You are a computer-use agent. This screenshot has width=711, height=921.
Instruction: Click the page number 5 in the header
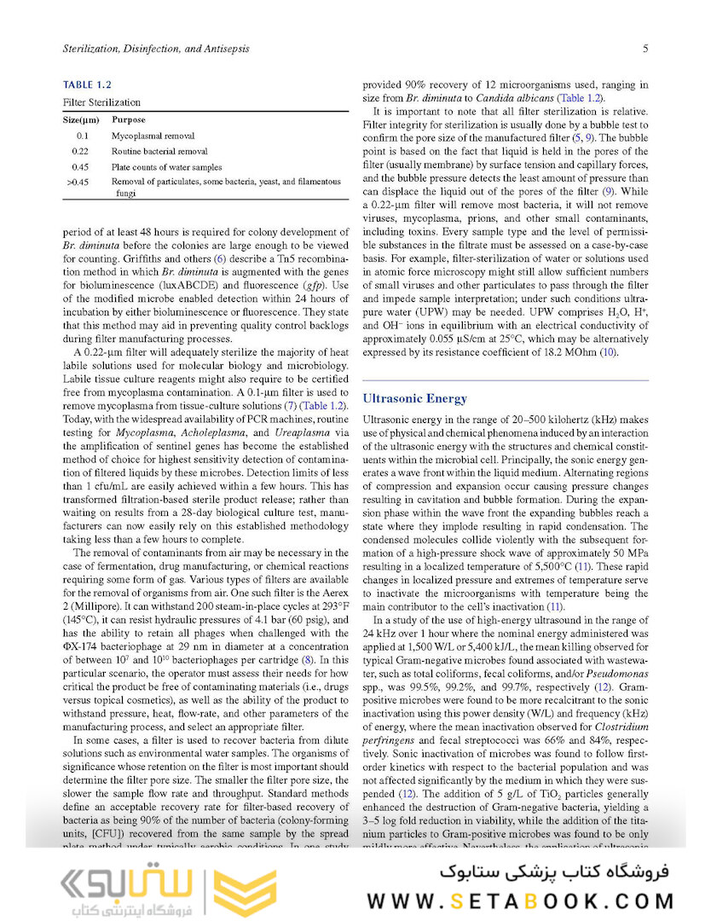tap(645, 49)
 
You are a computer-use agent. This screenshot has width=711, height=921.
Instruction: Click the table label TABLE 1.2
tap(88, 84)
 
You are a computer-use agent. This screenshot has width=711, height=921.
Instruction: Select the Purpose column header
tap(129, 120)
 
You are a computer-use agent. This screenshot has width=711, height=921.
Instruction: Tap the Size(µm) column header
tap(84, 120)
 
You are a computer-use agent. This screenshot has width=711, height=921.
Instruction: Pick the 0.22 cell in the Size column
tap(82, 151)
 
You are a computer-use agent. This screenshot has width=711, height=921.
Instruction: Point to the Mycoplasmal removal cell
tap(153, 136)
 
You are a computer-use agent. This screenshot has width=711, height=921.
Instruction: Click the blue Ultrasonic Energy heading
tap(415, 398)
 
